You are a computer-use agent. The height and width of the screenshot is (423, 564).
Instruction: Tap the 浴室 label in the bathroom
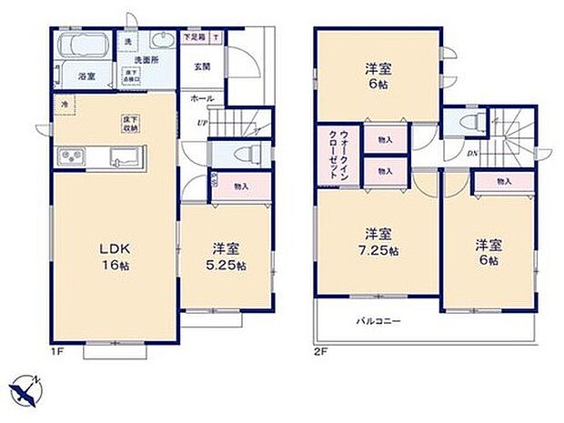coord(86,76)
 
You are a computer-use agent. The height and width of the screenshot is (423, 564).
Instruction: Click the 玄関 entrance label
coord(202,66)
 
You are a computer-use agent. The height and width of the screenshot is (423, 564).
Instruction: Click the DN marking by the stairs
coord(474,154)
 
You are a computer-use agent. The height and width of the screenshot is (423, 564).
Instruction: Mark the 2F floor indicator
coord(319,350)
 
